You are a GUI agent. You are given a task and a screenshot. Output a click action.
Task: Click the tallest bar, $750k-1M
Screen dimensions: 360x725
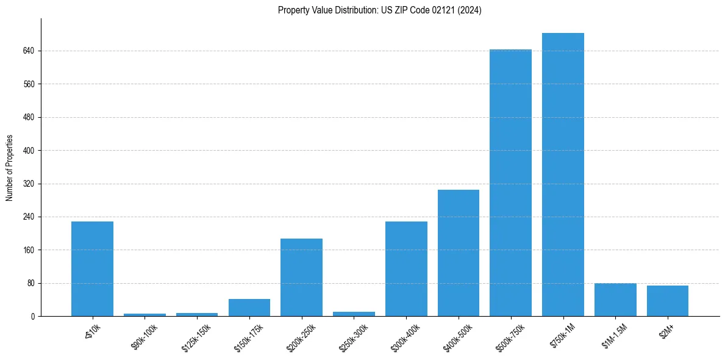[563, 175]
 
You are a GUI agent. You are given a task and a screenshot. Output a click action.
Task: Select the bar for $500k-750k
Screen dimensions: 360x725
[510, 183]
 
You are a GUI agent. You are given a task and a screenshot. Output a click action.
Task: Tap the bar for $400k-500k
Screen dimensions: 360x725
[459, 253]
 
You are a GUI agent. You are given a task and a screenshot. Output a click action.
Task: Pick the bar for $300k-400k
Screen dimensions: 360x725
[406, 268]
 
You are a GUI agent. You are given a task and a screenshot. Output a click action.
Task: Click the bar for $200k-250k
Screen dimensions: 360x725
[301, 277]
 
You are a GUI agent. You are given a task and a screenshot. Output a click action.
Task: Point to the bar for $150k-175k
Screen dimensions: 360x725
[249, 308]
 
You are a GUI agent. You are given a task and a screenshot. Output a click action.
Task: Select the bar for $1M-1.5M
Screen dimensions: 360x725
[615, 300]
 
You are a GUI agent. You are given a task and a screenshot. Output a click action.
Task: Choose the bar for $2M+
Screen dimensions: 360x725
[667, 301]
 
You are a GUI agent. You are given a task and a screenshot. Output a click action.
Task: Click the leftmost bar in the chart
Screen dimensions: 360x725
[92, 268]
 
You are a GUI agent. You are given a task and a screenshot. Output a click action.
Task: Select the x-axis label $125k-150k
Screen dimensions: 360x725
[197, 334]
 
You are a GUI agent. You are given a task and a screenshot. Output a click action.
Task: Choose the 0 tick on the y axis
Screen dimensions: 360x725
[33, 316]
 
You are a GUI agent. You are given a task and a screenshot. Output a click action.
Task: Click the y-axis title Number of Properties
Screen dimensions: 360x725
[9, 168]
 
